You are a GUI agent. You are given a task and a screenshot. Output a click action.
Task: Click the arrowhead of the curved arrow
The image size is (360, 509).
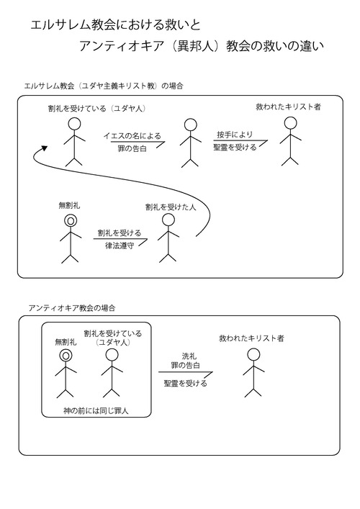click(44, 148)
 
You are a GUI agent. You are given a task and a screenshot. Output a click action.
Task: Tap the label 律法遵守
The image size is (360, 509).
click(120, 246)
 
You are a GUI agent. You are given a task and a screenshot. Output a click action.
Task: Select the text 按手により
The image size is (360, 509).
click(235, 135)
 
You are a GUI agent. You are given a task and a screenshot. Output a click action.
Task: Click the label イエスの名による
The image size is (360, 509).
click(132, 135)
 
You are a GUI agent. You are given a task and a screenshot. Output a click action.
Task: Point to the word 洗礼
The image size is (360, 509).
click(189, 356)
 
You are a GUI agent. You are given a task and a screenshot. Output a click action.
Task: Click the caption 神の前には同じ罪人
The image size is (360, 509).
click(96, 410)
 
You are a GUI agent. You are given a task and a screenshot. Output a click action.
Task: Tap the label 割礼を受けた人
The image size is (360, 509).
click(171, 207)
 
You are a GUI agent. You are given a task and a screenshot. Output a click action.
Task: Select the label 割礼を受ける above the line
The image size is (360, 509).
click(120, 233)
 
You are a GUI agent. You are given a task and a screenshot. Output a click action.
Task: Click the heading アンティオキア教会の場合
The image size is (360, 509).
click(72, 307)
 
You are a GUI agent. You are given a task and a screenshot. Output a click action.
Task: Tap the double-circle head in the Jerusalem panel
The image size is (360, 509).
click(71, 221)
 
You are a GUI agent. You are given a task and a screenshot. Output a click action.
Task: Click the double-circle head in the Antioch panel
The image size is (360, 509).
click(66, 356)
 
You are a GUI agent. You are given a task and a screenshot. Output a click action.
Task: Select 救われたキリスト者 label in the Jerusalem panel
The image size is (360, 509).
click(288, 107)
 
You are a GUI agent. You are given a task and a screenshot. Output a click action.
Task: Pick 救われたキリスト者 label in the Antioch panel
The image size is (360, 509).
click(251, 338)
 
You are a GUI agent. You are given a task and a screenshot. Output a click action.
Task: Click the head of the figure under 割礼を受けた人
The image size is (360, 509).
click(168, 220)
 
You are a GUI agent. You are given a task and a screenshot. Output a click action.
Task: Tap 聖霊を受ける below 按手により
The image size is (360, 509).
click(235, 148)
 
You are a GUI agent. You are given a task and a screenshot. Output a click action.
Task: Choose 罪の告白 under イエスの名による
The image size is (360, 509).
click(132, 149)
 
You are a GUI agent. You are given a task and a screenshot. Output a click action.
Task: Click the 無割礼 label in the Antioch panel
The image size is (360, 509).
click(66, 342)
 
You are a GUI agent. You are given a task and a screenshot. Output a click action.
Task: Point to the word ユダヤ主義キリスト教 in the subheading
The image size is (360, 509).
click(118, 86)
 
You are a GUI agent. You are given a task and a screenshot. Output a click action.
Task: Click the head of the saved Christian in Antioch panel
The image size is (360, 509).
click(253, 355)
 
